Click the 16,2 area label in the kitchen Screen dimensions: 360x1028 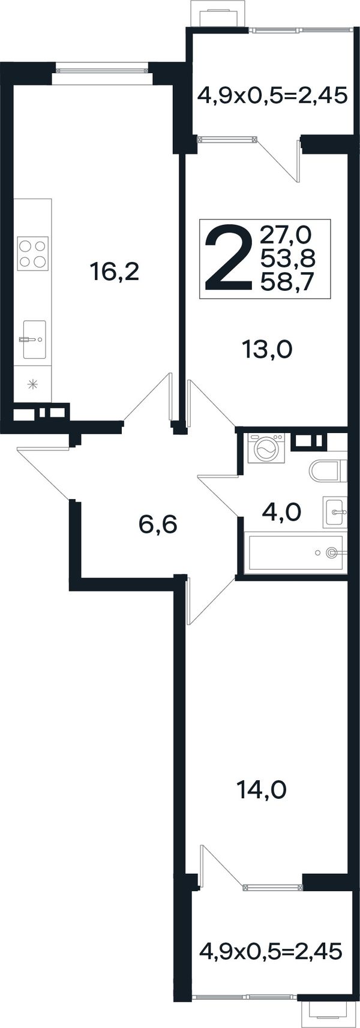115,272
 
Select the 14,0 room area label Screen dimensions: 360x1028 262,790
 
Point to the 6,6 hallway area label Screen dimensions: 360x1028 158,524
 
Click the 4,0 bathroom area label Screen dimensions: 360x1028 281,512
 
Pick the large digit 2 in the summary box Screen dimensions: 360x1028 228,258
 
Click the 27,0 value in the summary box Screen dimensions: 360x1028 286,235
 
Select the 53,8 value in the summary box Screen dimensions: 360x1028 287,259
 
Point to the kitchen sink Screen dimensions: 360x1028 34,339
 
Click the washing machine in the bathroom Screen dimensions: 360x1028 266,448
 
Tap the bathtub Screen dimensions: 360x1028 295,552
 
